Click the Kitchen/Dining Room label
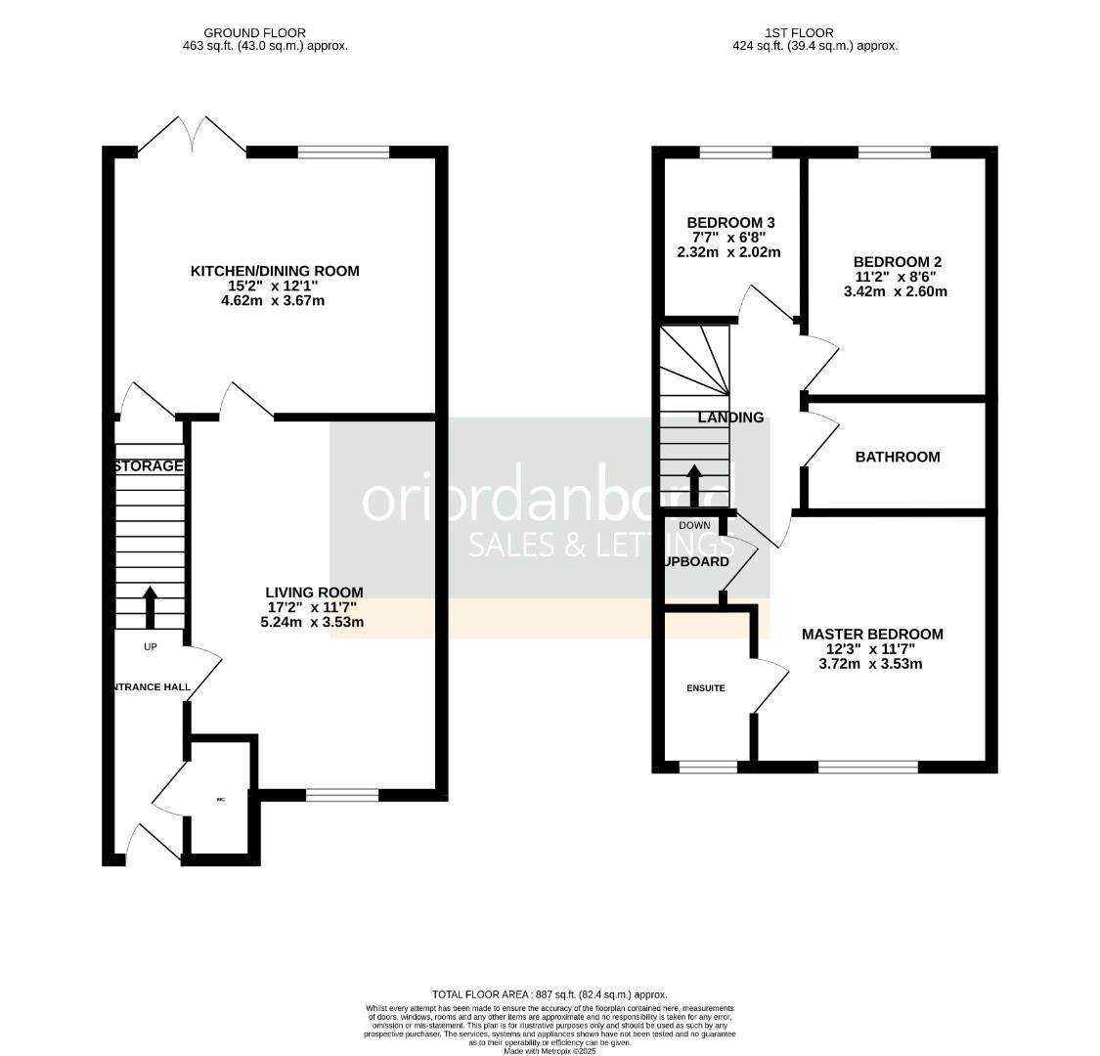(274, 271)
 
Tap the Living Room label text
(314, 593)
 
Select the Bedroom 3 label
(731, 222)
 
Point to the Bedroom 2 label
(897, 262)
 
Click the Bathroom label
(897, 457)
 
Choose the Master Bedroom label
(871, 635)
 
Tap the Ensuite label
(705, 688)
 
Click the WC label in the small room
(220, 800)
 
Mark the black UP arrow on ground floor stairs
(150, 606)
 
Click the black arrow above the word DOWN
(694, 484)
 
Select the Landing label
(730, 418)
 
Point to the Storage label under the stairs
(149, 466)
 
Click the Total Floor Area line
(549, 993)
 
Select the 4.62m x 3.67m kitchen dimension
(274, 301)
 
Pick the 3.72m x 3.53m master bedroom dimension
(871, 664)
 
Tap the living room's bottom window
(341, 795)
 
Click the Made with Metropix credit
(549, 1051)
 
